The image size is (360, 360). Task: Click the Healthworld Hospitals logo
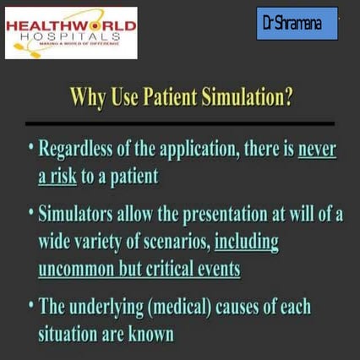[x=71, y=32]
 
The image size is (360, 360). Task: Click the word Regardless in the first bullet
[x=78, y=150]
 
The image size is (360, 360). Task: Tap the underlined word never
[x=317, y=150]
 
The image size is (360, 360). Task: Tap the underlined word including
[x=247, y=242]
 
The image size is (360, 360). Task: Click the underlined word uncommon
[x=77, y=269]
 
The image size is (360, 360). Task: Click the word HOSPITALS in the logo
[x=71, y=39]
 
